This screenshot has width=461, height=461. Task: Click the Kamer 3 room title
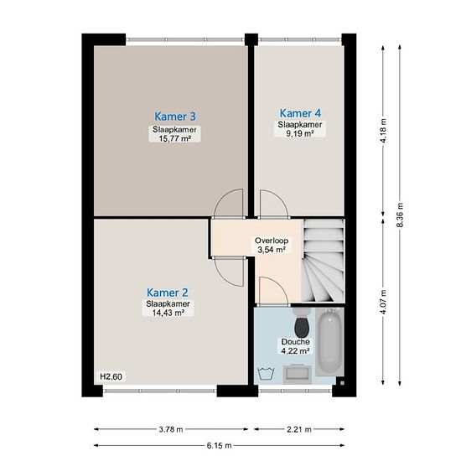[x=175, y=117]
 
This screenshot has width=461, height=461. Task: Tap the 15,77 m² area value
[x=175, y=138]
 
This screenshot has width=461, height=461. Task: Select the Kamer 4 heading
[x=300, y=113]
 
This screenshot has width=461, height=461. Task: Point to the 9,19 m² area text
[x=299, y=133]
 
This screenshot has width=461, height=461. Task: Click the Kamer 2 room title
[x=168, y=293]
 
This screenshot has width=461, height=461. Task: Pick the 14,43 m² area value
[x=168, y=313]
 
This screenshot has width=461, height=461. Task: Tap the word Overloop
[x=272, y=241]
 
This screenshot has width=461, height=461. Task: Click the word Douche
[x=296, y=342]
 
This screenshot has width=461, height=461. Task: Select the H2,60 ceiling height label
[x=111, y=376]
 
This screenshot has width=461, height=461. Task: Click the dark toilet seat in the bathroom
[x=302, y=327]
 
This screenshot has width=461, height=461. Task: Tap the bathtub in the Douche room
[x=330, y=342]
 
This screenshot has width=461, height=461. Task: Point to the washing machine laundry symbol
[x=266, y=374]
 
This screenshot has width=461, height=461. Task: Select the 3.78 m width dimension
[x=171, y=429]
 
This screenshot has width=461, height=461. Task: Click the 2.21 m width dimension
[x=299, y=429]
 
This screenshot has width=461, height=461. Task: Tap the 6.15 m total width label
[x=219, y=446]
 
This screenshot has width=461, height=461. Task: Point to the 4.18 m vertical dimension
[x=383, y=131]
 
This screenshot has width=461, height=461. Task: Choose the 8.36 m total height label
[x=400, y=215]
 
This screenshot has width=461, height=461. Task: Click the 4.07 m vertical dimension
[x=383, y=302]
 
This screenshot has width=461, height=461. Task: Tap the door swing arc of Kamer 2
[x=224, y=277]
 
